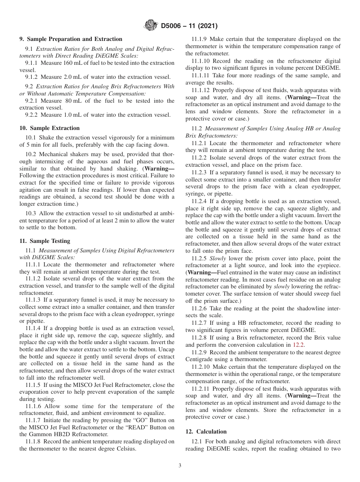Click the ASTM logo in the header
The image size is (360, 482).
click(x=151, y=26)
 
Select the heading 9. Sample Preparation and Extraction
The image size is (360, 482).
click(x=71, y=39)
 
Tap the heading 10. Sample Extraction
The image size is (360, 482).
click(x=50, y=128)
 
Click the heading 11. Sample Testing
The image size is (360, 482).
click(x=45, y=241)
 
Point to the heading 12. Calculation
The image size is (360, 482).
click(x=206, y=431)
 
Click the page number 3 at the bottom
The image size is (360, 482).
click(x=180, y=466)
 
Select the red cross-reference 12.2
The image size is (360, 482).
click(x=298, y=345)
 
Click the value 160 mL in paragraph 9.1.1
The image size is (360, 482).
click(x=68, y=63)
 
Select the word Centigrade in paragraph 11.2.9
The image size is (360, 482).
click(x=200, y=359)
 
